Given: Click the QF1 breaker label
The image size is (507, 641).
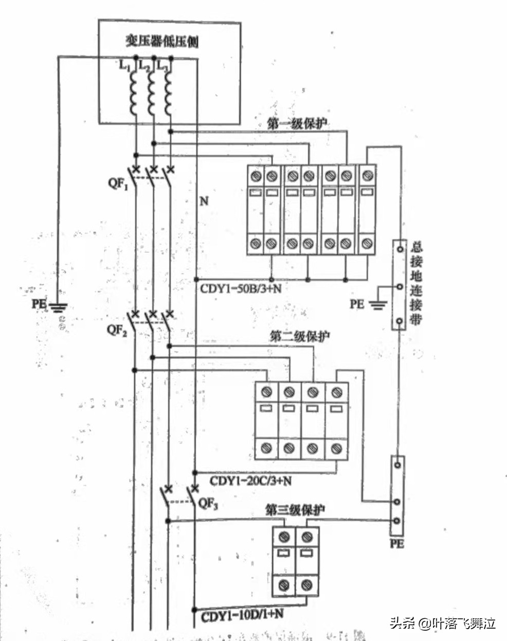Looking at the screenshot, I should (118, 184).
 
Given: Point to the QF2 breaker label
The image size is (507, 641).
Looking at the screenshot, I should (117, 329).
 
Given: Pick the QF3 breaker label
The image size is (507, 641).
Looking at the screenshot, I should (208, 503).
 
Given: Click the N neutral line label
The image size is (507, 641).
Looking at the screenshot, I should (204, 200).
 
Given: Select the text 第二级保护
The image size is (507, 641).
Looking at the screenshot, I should (300, 337).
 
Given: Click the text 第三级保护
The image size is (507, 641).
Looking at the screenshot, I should (295, 510).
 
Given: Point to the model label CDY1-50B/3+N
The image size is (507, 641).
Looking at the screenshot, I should (241, 288).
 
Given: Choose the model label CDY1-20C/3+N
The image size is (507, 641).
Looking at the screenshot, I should (250, 481).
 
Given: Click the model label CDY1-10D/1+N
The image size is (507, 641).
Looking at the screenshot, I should (242, 615).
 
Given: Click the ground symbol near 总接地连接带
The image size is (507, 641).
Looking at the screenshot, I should (378, 306).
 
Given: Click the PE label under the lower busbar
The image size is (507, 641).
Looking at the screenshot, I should (396, 543).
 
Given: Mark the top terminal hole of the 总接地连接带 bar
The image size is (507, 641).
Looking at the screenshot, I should (399, 249).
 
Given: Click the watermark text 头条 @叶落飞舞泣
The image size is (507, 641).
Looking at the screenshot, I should (442, 624).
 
